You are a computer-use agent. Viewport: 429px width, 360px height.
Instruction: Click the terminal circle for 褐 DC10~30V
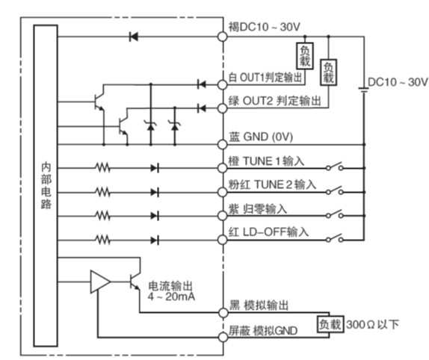[223, 37]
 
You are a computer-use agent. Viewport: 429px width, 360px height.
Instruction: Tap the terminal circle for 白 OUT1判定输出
[223, 84]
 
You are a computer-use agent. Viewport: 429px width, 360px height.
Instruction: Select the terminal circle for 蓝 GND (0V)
[223, 144]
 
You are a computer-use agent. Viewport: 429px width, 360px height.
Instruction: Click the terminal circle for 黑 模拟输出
[223, 313]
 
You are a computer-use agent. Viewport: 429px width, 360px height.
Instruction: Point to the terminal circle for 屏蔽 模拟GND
[223, 337]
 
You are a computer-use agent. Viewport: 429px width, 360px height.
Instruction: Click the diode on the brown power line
[134, 37]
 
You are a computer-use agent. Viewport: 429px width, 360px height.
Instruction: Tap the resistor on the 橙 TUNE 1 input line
[103, 168]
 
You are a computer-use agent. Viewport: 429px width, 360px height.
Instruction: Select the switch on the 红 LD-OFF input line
[335, 238]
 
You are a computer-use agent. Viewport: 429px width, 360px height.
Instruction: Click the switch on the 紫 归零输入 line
[335, 214]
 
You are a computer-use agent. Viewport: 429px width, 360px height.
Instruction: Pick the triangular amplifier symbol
[100, 282]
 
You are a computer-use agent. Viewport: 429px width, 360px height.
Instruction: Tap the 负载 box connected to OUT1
[305, 56]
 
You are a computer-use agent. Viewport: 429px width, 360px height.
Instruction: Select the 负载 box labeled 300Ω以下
[330, 324]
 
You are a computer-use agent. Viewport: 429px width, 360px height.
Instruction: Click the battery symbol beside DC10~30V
[364, 90]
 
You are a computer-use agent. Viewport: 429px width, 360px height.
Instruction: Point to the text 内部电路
[46, 186]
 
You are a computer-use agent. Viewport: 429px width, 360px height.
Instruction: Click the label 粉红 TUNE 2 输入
[272, 184]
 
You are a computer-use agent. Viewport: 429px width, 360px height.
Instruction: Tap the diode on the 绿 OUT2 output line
[202, 108]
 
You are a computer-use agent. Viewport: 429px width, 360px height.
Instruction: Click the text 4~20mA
[171, 297]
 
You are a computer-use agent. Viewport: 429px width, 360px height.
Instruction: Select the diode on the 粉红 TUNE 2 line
[155, 193]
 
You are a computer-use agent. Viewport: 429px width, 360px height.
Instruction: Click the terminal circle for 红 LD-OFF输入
[223, 240]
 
